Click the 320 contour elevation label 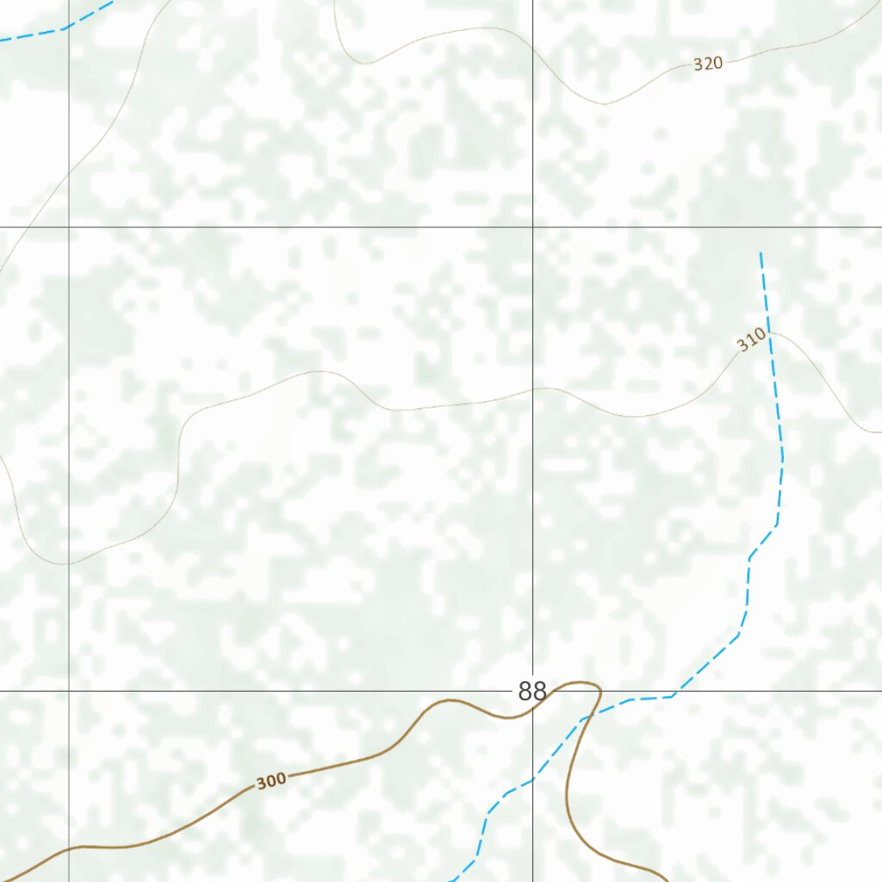coord(708,63)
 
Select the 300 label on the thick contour coord(270,781)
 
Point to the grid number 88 coord(532,691)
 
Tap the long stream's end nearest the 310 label coord(761,254)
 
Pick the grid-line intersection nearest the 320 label coord(532,227)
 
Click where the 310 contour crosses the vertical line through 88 coord(532,388)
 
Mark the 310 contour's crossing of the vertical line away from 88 coord(69,563)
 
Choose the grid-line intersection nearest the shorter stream coord(69,227)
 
